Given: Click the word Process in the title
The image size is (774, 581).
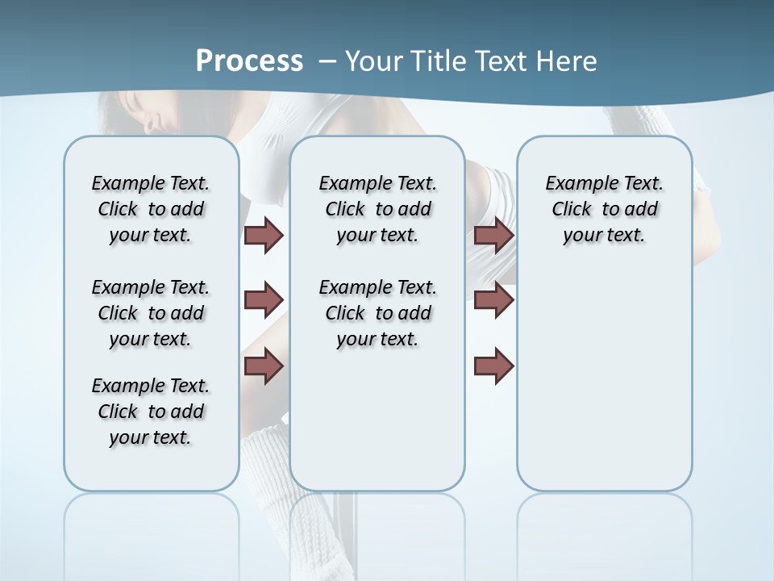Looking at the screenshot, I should coord(249,61).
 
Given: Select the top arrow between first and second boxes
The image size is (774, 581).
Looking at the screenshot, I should coord(264,235).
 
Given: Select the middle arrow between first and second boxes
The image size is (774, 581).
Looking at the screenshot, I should coord(264,300).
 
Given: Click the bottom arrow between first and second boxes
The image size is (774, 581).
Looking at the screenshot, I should coord(264,366).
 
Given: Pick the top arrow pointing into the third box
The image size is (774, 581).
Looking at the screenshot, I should coord(494,235).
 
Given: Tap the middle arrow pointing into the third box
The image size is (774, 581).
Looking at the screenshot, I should coord(494,300).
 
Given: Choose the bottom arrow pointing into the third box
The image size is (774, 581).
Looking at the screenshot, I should coord(494,366).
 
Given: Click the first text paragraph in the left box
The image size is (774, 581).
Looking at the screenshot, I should coord(151,209).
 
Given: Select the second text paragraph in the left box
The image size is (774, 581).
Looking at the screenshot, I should coord(151,313).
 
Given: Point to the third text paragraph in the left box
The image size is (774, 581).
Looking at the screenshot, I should coord(151,412).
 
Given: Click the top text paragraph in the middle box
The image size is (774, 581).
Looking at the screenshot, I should coord(377,209).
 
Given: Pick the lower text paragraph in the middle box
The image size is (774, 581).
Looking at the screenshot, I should coord(377,313).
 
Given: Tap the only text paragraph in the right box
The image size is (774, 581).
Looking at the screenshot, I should coord(604,209).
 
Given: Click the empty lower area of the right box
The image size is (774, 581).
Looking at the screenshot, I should coord(604,379).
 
